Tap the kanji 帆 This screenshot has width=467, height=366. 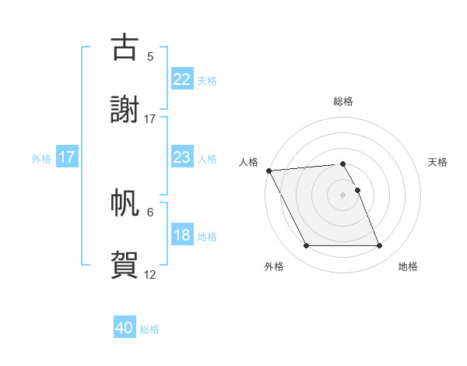[125, 202]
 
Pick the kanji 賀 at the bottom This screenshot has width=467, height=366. [125, 263]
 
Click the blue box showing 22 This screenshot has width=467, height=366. [181, 79]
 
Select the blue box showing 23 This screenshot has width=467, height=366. [181, 157]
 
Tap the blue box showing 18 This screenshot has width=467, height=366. [181, 235]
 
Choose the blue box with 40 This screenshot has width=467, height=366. [125, 328]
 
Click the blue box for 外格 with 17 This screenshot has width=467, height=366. [67, 157]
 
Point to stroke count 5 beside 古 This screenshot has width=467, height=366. [150, 56]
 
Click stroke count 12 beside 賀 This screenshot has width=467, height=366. [150, 274]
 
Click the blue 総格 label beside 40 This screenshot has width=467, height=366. [149, 329]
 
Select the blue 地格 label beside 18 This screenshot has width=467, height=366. [207, 237]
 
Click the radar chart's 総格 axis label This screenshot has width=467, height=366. [343, 101]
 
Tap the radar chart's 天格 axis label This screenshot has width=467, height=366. [437, 162]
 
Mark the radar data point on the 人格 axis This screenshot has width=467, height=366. [269, 171]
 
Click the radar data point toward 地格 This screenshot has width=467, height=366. [380, 246]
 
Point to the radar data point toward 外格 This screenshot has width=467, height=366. [306, 246]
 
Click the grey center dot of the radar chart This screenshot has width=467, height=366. [343, 195]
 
